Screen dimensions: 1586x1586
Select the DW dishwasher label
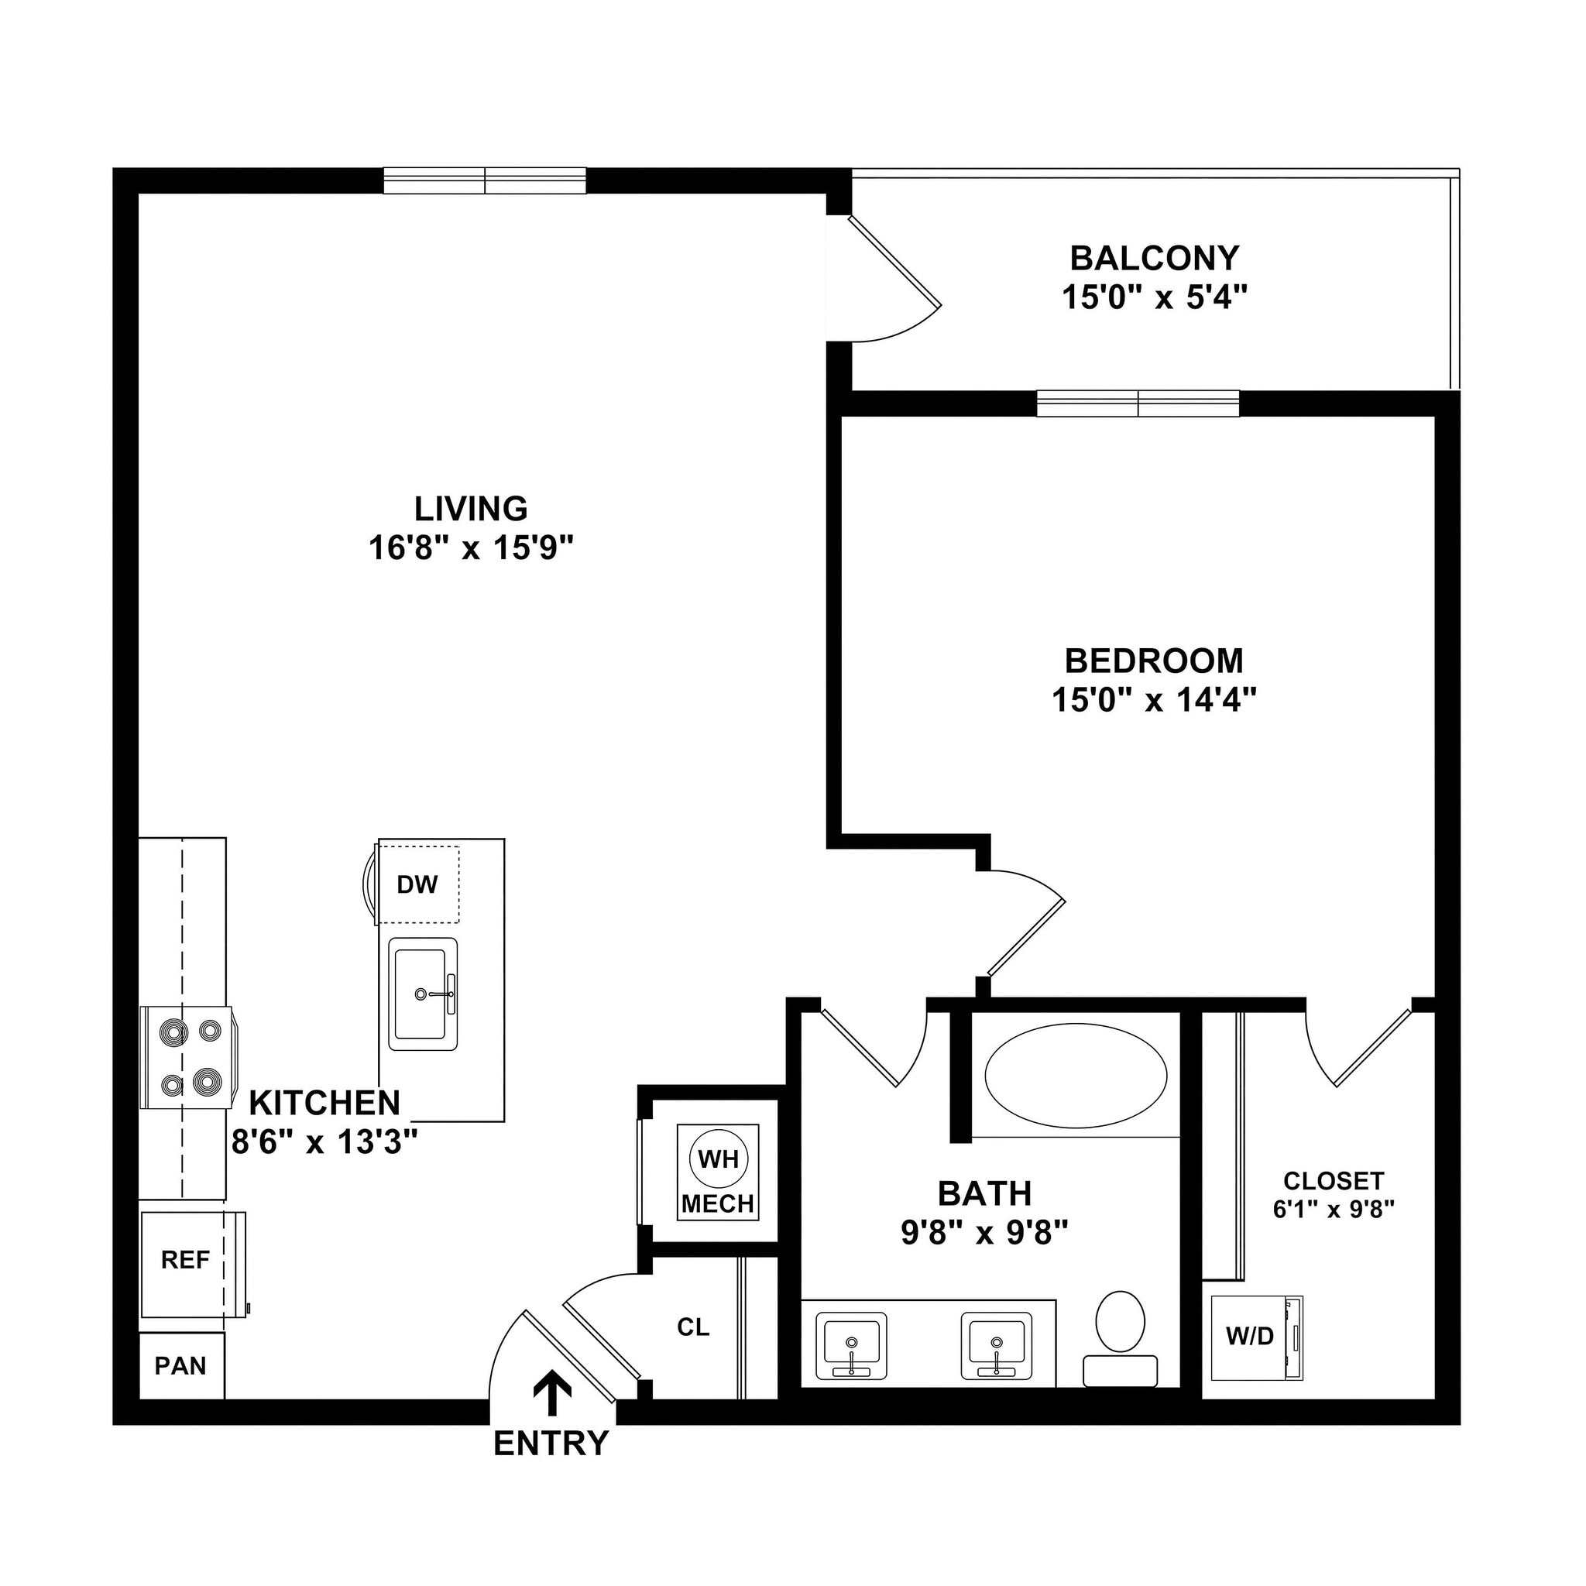point(417,884)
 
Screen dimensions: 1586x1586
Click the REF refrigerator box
point(186,1260)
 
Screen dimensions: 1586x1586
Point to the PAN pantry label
point(180,1366)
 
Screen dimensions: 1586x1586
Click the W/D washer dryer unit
point(1251,1337)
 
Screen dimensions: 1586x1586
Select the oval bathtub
point(1076,1076)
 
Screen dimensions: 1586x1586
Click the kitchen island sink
point(422,994)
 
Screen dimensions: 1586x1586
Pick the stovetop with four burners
point(187,1057)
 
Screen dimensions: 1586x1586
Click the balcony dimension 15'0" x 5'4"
point(1154,297)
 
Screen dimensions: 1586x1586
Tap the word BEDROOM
point(1153,661)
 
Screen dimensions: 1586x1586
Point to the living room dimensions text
point(469,547)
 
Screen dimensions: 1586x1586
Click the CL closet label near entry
point(693,1327)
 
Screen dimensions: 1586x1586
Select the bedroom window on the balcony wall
point(1137,403)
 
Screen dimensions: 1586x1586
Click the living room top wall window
point(484,180)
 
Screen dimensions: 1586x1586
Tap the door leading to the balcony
point(894,263)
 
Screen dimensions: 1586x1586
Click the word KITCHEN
point(324,1104)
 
